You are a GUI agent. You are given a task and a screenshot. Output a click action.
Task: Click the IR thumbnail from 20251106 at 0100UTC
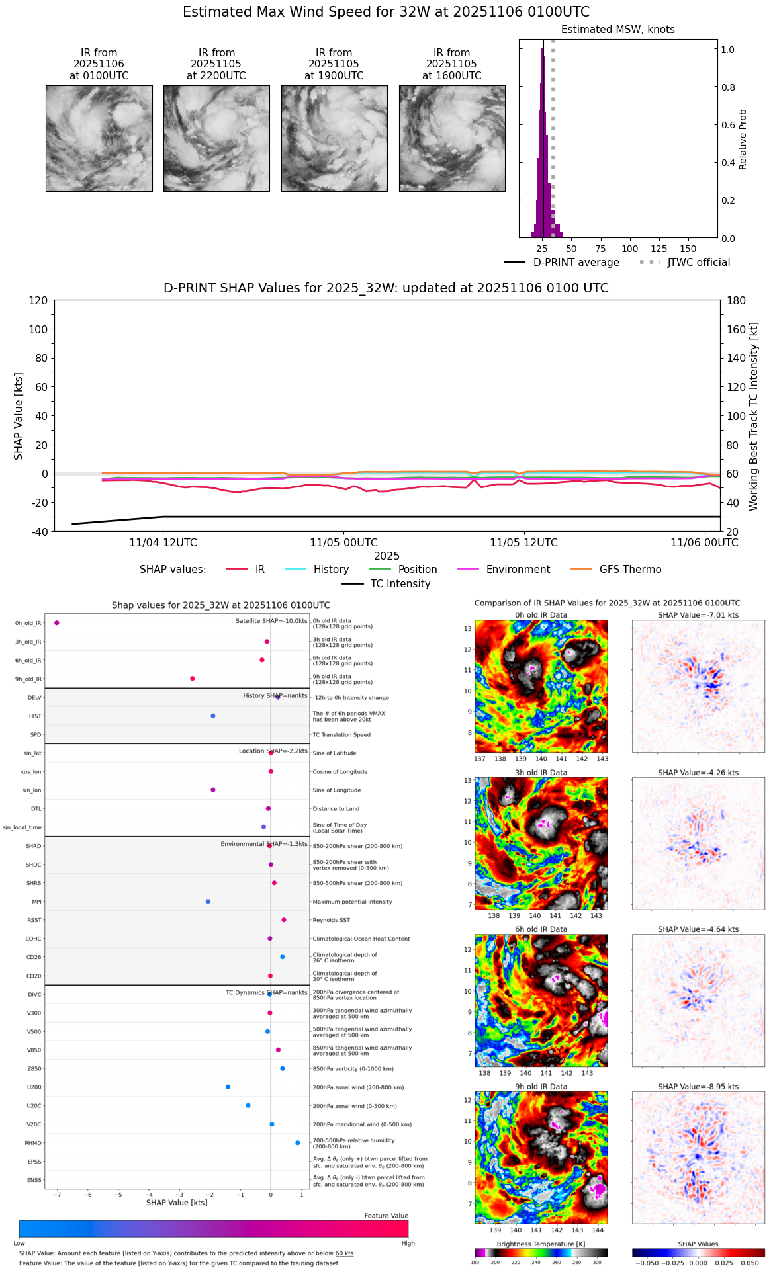(99, 138)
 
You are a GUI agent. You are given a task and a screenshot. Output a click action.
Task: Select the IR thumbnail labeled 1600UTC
(452, 138)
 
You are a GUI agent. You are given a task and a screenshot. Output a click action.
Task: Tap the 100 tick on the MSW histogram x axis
(629, 249)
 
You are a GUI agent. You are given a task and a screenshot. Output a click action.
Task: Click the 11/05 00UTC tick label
(343, 542)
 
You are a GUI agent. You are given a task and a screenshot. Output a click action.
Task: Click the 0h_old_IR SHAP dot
(57, 622)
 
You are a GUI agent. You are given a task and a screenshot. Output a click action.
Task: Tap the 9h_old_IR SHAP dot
(193, 678)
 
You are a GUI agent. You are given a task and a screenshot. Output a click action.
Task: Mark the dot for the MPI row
(208, 901)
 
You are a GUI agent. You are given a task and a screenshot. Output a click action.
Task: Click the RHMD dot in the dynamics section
(298, 1142)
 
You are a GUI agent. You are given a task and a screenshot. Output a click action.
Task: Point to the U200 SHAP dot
(228, 1087)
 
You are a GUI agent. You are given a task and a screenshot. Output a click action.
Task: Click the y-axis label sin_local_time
(23, 827)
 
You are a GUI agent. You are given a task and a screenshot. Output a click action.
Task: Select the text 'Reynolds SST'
(331, 920)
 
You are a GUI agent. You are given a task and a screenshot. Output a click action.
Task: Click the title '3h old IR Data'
(541, 772)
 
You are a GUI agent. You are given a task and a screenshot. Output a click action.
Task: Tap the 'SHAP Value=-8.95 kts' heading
(698, 1086)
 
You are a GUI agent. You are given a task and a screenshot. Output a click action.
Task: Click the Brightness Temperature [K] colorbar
(541, 1252)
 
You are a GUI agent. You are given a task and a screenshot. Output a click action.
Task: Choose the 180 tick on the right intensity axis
(737, 300)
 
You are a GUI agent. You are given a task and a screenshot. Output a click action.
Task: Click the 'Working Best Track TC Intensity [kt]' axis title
(753, 416)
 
